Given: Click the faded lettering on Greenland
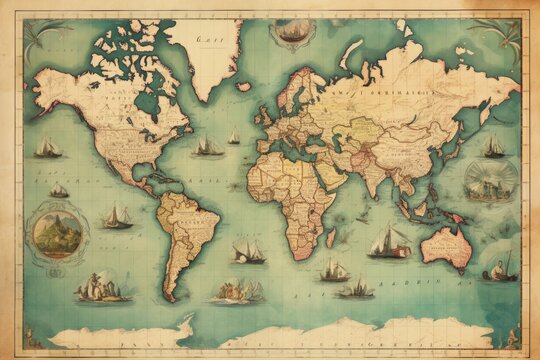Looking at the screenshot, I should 209,41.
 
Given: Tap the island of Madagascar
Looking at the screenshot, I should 331,237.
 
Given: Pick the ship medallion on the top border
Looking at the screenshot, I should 291,32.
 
